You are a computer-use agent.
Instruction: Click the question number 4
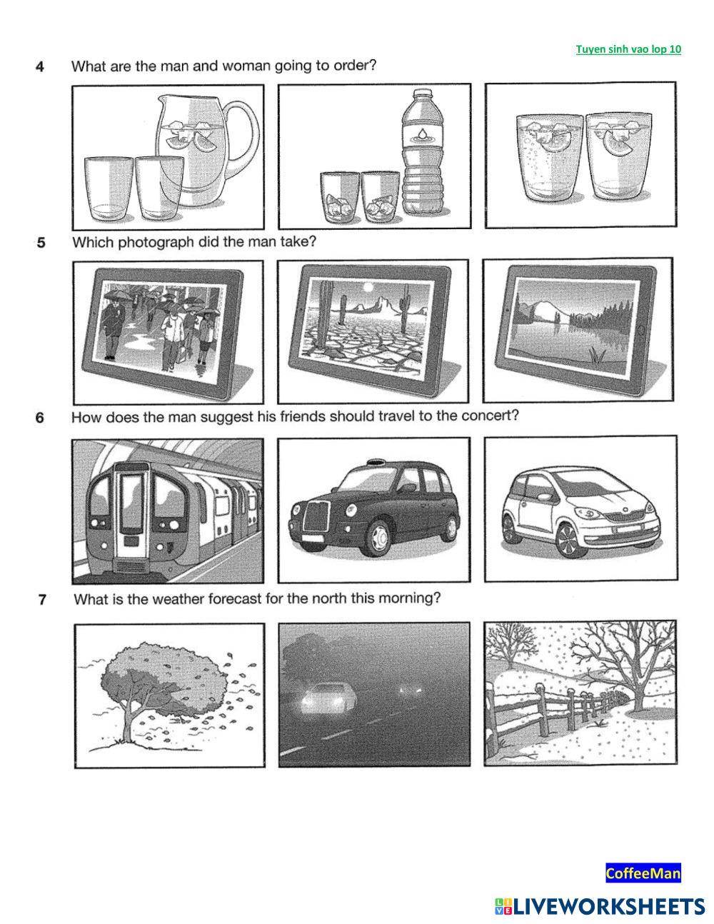39,66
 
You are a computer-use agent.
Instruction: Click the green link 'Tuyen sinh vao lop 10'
628,49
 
